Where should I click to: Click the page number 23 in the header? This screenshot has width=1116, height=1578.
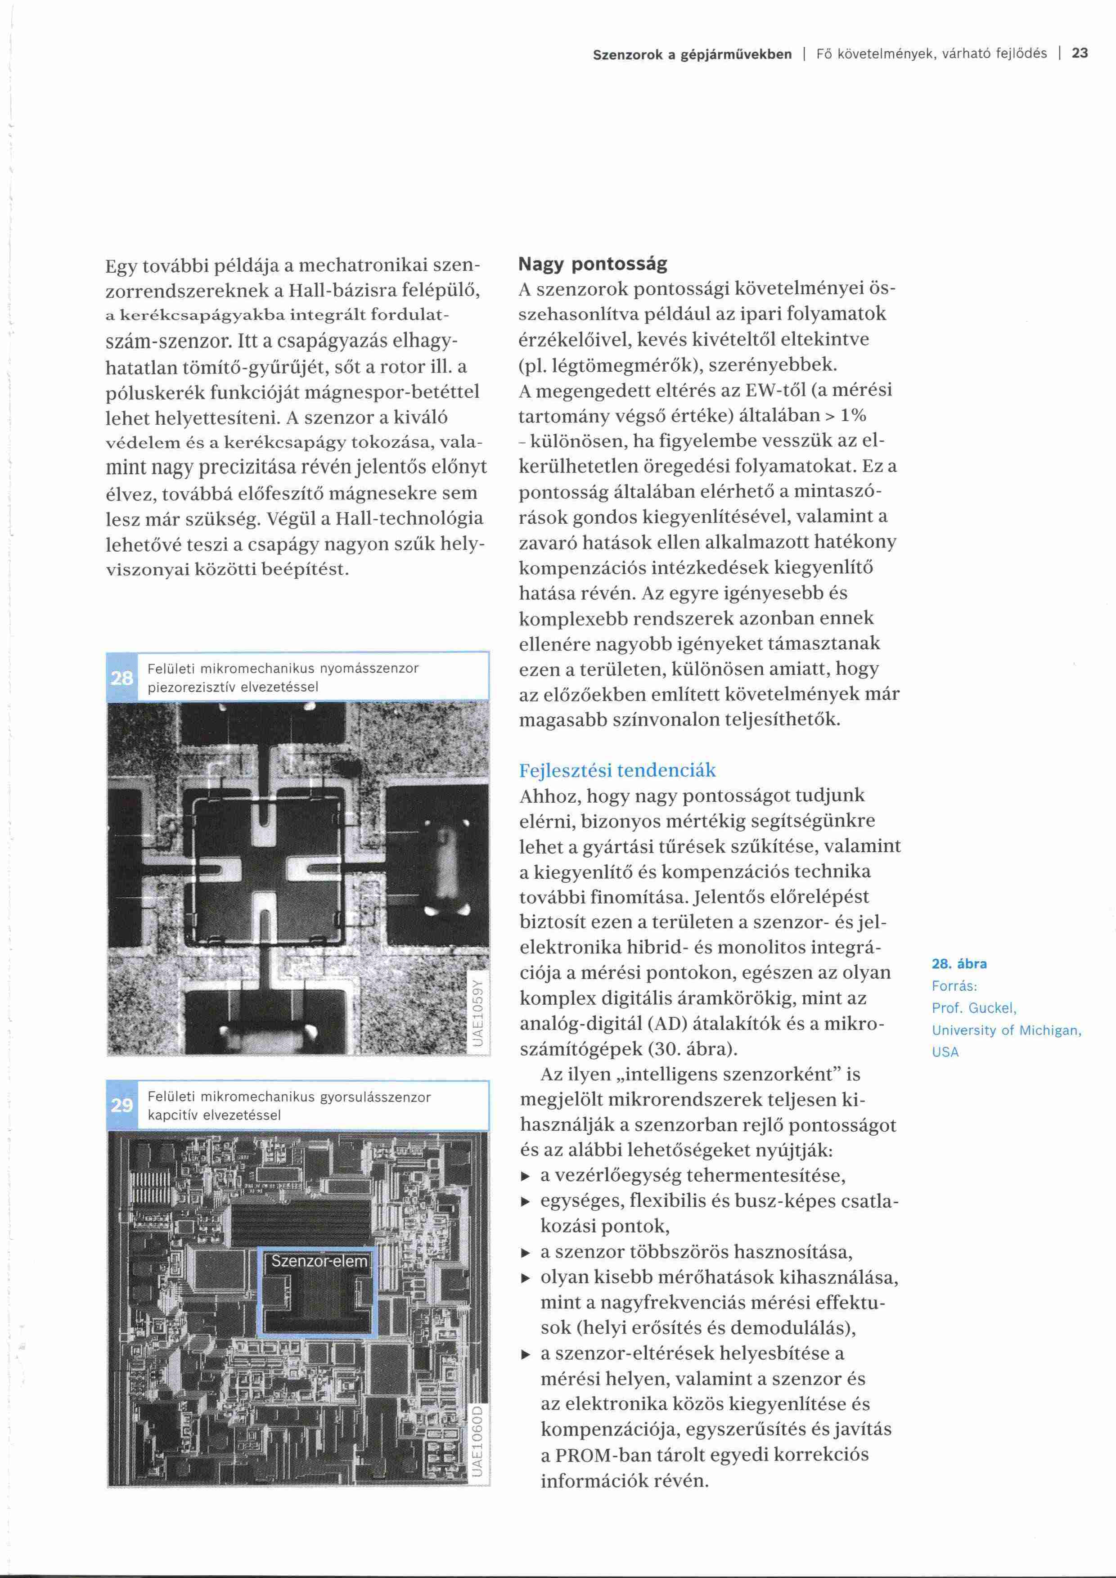pyautogui.click(x=1080, y=54)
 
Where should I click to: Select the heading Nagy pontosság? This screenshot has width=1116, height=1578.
pyautogui.click(x=592, y=264)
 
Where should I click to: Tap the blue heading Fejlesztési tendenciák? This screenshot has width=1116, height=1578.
pyautogui.click(x=617, y=770)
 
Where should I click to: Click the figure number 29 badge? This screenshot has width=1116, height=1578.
pyautogui.click(x=121, y=1105)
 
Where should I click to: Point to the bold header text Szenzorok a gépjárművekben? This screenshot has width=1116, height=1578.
pyautogui.click(x=692, y=54)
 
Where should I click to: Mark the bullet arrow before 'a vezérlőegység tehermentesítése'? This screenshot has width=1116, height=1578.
pyautogui.click(x=526, y=1176)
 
